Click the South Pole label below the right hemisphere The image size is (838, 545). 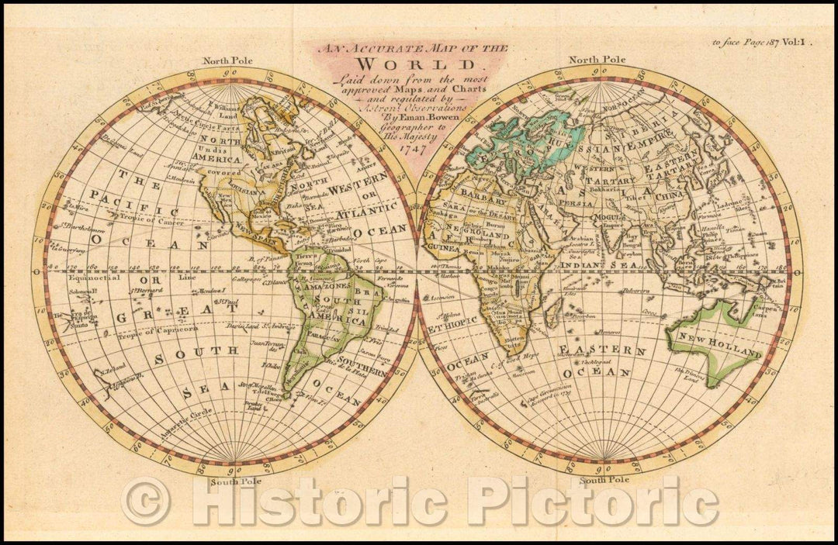pos(603,481)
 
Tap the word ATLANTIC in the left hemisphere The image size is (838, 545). pos(370,209)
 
